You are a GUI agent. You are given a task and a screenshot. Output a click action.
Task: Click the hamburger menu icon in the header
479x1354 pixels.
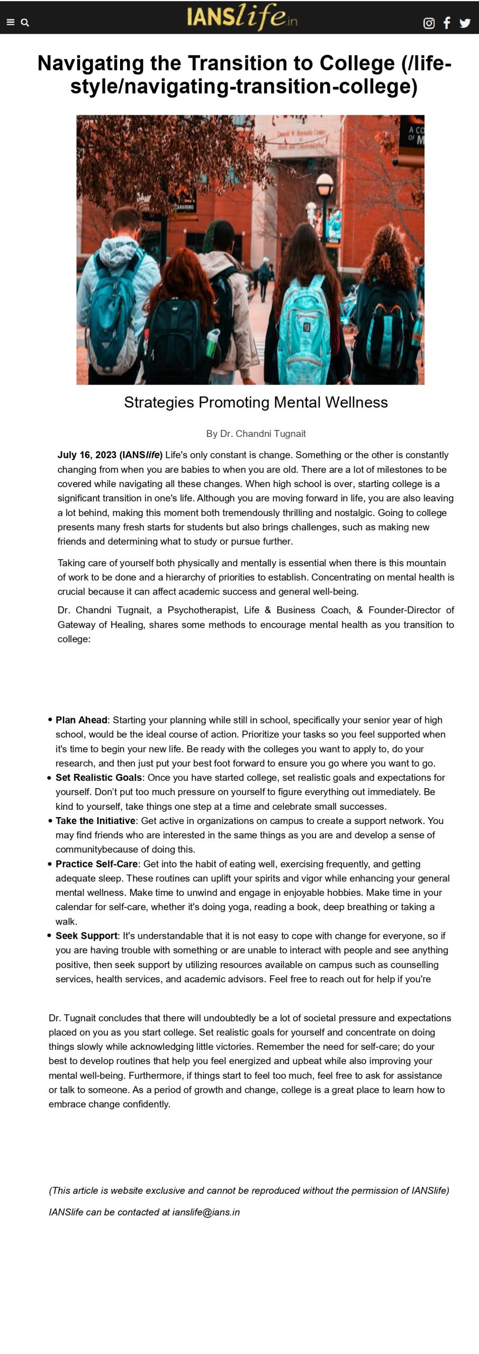(10, 22)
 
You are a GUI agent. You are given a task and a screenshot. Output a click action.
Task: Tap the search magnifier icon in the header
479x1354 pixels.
(25, 22)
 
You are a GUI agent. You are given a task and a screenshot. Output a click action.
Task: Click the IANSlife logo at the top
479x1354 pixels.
(241, 17)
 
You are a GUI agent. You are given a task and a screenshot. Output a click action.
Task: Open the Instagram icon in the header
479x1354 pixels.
(429, 23)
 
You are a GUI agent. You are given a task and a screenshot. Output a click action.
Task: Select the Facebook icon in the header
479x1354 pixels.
(447, 23)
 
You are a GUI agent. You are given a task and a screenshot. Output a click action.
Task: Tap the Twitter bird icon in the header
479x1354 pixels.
(465, 23)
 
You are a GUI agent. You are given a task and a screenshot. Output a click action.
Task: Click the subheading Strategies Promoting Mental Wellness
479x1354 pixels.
(256, 402)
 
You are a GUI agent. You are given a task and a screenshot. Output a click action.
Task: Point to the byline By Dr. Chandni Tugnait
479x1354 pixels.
(256, 434)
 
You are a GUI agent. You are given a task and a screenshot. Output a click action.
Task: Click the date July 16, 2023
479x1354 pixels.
(87, 455)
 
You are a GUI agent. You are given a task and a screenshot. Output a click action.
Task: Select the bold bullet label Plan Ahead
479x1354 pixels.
(82, 720)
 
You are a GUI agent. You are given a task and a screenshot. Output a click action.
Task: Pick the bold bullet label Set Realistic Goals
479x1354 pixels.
(98, 777)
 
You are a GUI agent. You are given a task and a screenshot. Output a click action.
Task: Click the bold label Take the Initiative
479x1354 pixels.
(95, 821)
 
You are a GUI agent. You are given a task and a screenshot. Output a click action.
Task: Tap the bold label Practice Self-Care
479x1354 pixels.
(96, 864)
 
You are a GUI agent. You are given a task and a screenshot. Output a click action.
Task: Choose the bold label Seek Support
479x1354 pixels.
(86, 936)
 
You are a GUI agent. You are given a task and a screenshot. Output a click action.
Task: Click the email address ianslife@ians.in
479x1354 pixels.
(206, 1212)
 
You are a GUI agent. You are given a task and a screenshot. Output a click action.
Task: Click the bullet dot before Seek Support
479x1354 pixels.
(50, 935)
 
